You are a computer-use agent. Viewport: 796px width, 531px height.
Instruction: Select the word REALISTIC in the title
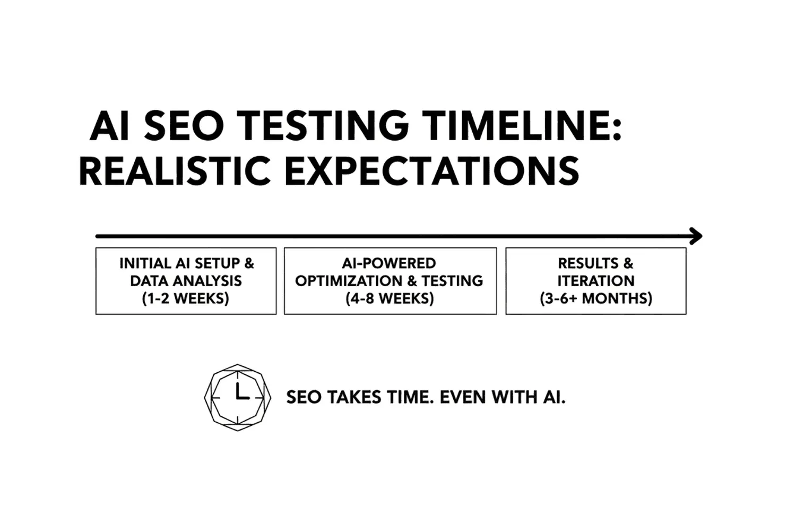tap(175, 171)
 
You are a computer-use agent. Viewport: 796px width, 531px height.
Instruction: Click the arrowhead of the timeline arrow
tap(696, 236)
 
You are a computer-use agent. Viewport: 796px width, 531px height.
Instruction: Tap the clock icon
tap(238, 397)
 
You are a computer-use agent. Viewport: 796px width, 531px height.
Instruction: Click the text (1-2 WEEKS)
tap(186, 298)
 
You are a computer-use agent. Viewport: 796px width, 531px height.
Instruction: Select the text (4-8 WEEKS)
tap(390, 298)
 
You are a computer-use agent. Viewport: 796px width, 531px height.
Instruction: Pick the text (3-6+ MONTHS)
tap(596, 298)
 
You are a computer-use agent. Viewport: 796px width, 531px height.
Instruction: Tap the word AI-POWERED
tap(389, 263)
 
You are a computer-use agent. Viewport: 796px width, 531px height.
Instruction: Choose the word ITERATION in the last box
tap(596, 281)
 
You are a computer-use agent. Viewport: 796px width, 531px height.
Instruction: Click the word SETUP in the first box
tap(217, 263)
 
